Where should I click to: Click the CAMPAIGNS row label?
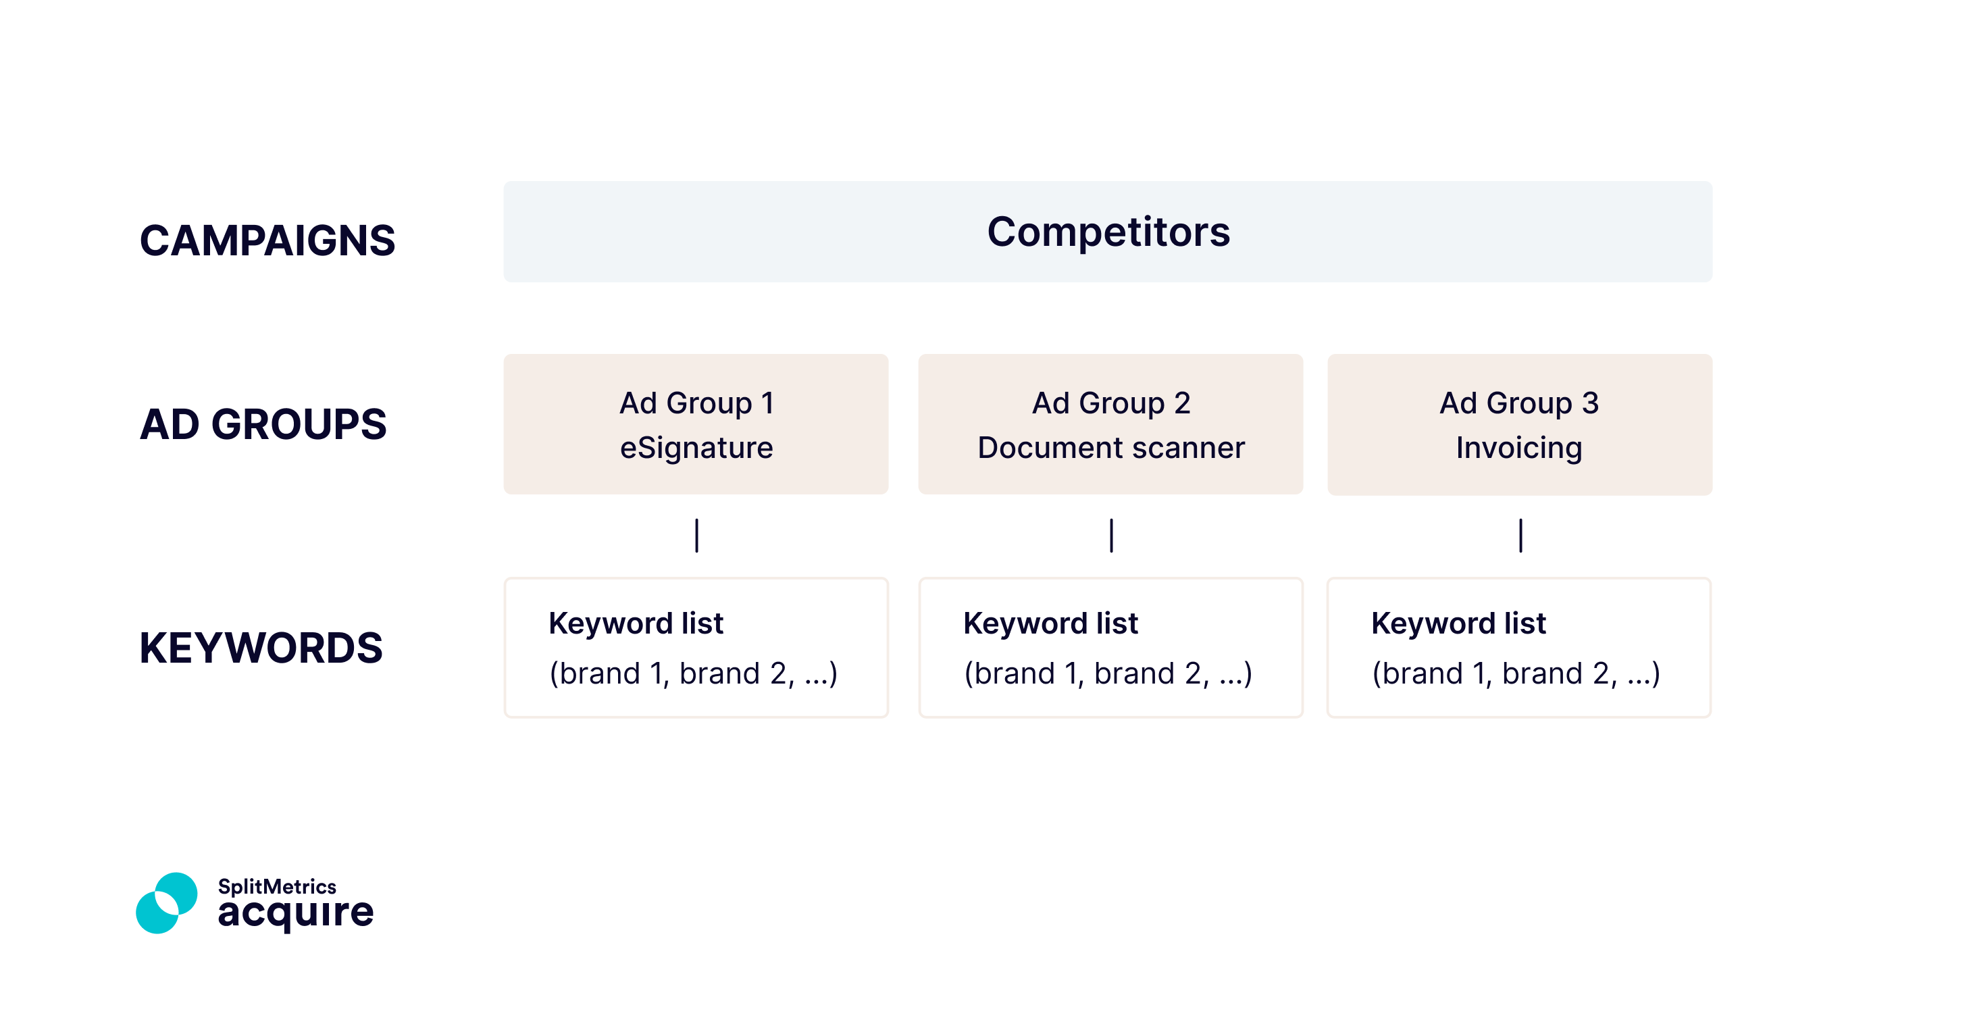(x=267, y=240)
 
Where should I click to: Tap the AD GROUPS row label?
(x=263, y=424)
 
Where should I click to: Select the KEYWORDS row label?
(x=261, y=648)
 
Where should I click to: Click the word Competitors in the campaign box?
(x=1108, y=231)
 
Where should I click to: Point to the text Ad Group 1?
(x=696, y=403)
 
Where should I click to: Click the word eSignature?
(x=696, y=448)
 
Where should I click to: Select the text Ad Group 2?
(x=1111, y=403)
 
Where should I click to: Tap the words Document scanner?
(x=1111, y=448)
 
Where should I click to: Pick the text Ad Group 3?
(x=1519, y=403)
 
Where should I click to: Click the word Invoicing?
(x=1519, y=448)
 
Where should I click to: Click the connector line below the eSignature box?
(x=696, y=536)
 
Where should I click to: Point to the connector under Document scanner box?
(x=1111, y=536)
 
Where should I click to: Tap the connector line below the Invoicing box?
(x=1520, y=536)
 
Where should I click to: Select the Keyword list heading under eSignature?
(x=636, y=623)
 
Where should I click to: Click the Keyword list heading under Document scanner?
(x=1050, y=623)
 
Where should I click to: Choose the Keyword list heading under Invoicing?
(x=1458, y=623)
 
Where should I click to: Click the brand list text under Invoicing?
(x=1516, y=673)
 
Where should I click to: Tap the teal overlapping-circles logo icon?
(x=167, y=903)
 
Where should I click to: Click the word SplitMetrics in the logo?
(x=277, y=886)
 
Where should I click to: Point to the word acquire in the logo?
(x=295, y=913)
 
